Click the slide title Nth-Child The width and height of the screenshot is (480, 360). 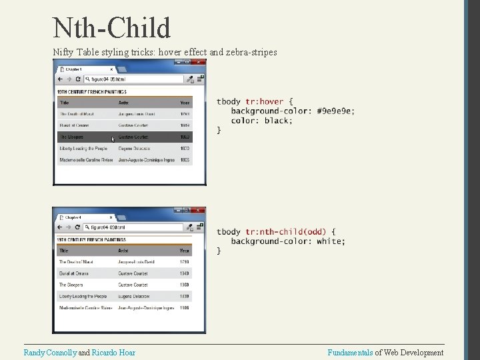pos(111,27)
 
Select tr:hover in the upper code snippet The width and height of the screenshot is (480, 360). pos(265,101)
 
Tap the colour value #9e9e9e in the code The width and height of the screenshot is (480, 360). pos(336,111)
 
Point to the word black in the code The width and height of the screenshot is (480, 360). pos(277,121)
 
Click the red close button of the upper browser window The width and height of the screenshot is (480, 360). pos(199,63)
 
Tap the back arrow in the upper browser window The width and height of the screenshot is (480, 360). pos(60,79)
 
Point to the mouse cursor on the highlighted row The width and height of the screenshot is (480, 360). pos(113,139)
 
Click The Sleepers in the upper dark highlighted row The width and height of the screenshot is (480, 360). pos(71,137)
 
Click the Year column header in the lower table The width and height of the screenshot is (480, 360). pos(184,251)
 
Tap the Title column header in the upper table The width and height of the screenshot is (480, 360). pos(64,103)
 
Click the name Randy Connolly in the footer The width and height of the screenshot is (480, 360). pos(50,352)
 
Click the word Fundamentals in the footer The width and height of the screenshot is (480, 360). pos(351,352)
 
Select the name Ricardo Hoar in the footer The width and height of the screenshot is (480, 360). pos(113,352)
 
